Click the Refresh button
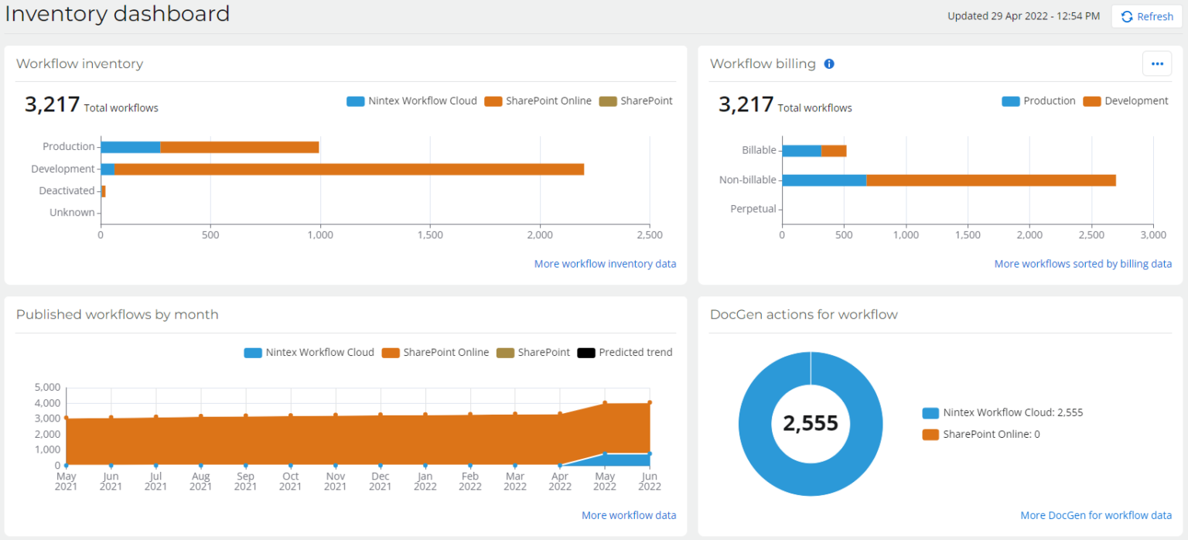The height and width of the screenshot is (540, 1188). [x=1146, y=16]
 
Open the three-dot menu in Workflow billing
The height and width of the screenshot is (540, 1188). [x=1156, y=64]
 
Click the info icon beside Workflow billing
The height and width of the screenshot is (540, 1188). [x=829, y=64]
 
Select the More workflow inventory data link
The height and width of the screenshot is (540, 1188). [x=605, y=264]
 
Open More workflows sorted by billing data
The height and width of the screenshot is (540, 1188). [x=1083, y=264]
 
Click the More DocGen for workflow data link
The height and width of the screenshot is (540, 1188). [x=1095, y=515]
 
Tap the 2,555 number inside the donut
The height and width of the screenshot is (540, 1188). [x=810, y=423]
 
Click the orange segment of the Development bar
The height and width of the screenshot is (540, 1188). [x=348, y=169]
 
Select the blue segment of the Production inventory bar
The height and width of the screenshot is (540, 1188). [x=130, y=147]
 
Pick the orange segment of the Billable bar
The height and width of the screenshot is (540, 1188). [x=834, y=151]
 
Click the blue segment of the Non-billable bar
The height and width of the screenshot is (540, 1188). [x=824, y=180]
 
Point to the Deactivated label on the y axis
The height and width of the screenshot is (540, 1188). [x=67, y=190]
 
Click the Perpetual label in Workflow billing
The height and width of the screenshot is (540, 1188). [x=753, y=209]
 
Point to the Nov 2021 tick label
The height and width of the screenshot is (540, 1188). [x=335, y=481]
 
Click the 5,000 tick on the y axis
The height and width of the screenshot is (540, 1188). [x=47, y=388]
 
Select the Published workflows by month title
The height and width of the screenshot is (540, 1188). [x=118, y=315]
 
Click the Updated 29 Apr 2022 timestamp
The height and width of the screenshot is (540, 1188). [x=1023, y=16]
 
